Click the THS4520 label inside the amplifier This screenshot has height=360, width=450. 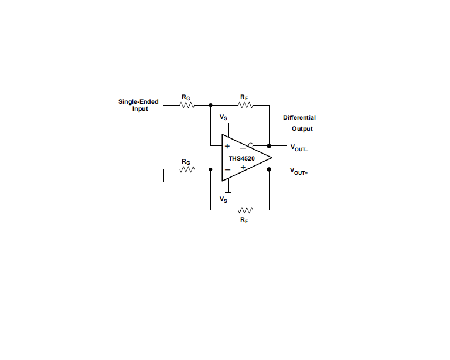pyautogui.click(x=241, y=158)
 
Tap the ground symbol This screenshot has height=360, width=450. pyautogui.click(x=163, y=183)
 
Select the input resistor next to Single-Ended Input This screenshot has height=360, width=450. pyautogui.click(x=187, y=106)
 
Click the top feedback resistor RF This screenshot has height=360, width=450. pyautogui.click(x=245, y=106)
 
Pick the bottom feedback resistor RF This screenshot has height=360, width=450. pyautogui.click(x=245, y=209)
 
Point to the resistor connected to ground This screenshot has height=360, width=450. pyautogui.click(x=187, y=169)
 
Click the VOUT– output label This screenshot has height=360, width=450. pyautogui.click(x=299, y=148)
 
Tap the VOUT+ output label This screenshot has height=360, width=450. pyautogui.click(x=299, y=171)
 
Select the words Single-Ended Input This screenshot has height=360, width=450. pyautogui.click(x=138, y=105)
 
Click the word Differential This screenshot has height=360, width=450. pyautogui.click(x=299, y=117)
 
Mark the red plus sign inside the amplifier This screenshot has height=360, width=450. pyautogui.click(x=243, y=168)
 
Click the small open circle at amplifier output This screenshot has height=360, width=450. pyautogui.click(x=250, y=145)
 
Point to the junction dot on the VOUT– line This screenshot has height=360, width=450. pyautogui.click(x=269, y=146)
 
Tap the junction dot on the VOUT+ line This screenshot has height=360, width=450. pyautogui.click(x=269, y=169)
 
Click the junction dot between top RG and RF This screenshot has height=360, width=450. pyautogui.click(x=210, y=106)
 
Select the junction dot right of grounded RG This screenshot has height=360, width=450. pyautogui.click(x=210, y=169)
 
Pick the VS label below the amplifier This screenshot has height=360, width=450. pyautogui.click(x=224, y=199)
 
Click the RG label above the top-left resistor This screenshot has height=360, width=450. pyautogui.click(x=186, y=97)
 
